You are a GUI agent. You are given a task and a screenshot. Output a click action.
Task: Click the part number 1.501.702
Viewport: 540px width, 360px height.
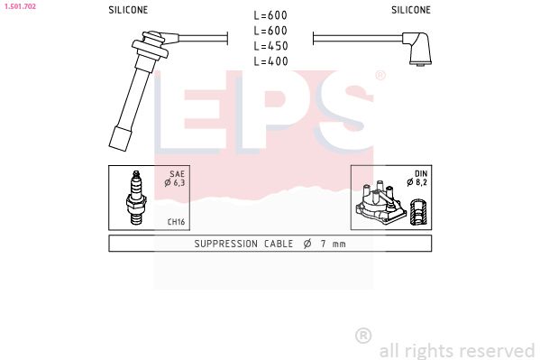pos(19,6)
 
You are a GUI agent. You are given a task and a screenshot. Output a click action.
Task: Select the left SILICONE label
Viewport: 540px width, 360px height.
pos(127,10)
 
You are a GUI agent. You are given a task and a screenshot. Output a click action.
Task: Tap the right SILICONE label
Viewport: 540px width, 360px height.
pos(410,10)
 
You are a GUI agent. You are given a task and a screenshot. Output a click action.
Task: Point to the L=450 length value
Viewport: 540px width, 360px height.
pos(270,45)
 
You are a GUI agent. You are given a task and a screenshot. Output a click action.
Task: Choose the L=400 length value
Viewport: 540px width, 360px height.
pos(270,60)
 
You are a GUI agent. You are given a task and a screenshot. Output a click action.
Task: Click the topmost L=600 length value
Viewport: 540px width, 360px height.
pos(270,14)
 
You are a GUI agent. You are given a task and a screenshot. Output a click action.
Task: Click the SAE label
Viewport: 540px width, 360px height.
pos(178,174)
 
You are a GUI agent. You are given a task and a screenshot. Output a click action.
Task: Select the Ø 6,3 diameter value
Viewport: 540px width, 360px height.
pos(174,183)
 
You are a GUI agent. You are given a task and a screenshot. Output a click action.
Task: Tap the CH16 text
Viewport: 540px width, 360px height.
pos(176,220)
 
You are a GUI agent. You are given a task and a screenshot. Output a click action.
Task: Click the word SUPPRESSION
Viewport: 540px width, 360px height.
pos(226,244)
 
